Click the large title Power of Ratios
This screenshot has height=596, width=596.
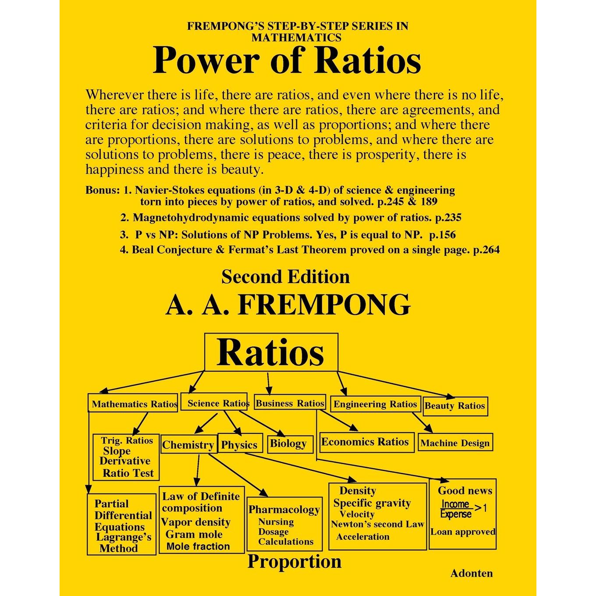(287, 60)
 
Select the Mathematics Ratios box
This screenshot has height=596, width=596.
(133, 402)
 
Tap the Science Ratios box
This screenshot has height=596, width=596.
(214, 401)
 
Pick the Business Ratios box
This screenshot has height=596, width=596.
(290, 402)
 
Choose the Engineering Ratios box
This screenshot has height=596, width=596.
(376, 404)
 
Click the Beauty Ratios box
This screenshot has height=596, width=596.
(455, 406)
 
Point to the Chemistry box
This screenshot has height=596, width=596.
(189, 444)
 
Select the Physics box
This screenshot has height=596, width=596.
(240, 443)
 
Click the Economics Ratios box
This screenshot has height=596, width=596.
(367, 442)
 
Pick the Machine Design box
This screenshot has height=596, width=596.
(455, 442)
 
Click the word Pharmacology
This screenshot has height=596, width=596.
(284, 509)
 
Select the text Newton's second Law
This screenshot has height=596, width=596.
(377, 524)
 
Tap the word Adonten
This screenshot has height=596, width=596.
(472, 573)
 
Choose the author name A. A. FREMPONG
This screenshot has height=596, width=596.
(288, 305)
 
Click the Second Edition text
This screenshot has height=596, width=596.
(285, 277)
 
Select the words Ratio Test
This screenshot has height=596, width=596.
(128, 473)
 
